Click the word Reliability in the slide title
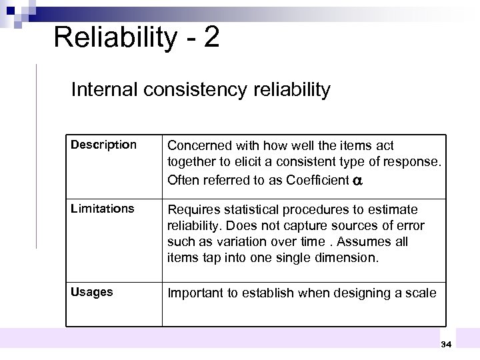coord(113,37)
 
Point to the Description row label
coord(103,145)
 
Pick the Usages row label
coord(91,292)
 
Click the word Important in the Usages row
coord(193,293)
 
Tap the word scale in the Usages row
coord(422,293)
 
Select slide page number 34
coord(446,344)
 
